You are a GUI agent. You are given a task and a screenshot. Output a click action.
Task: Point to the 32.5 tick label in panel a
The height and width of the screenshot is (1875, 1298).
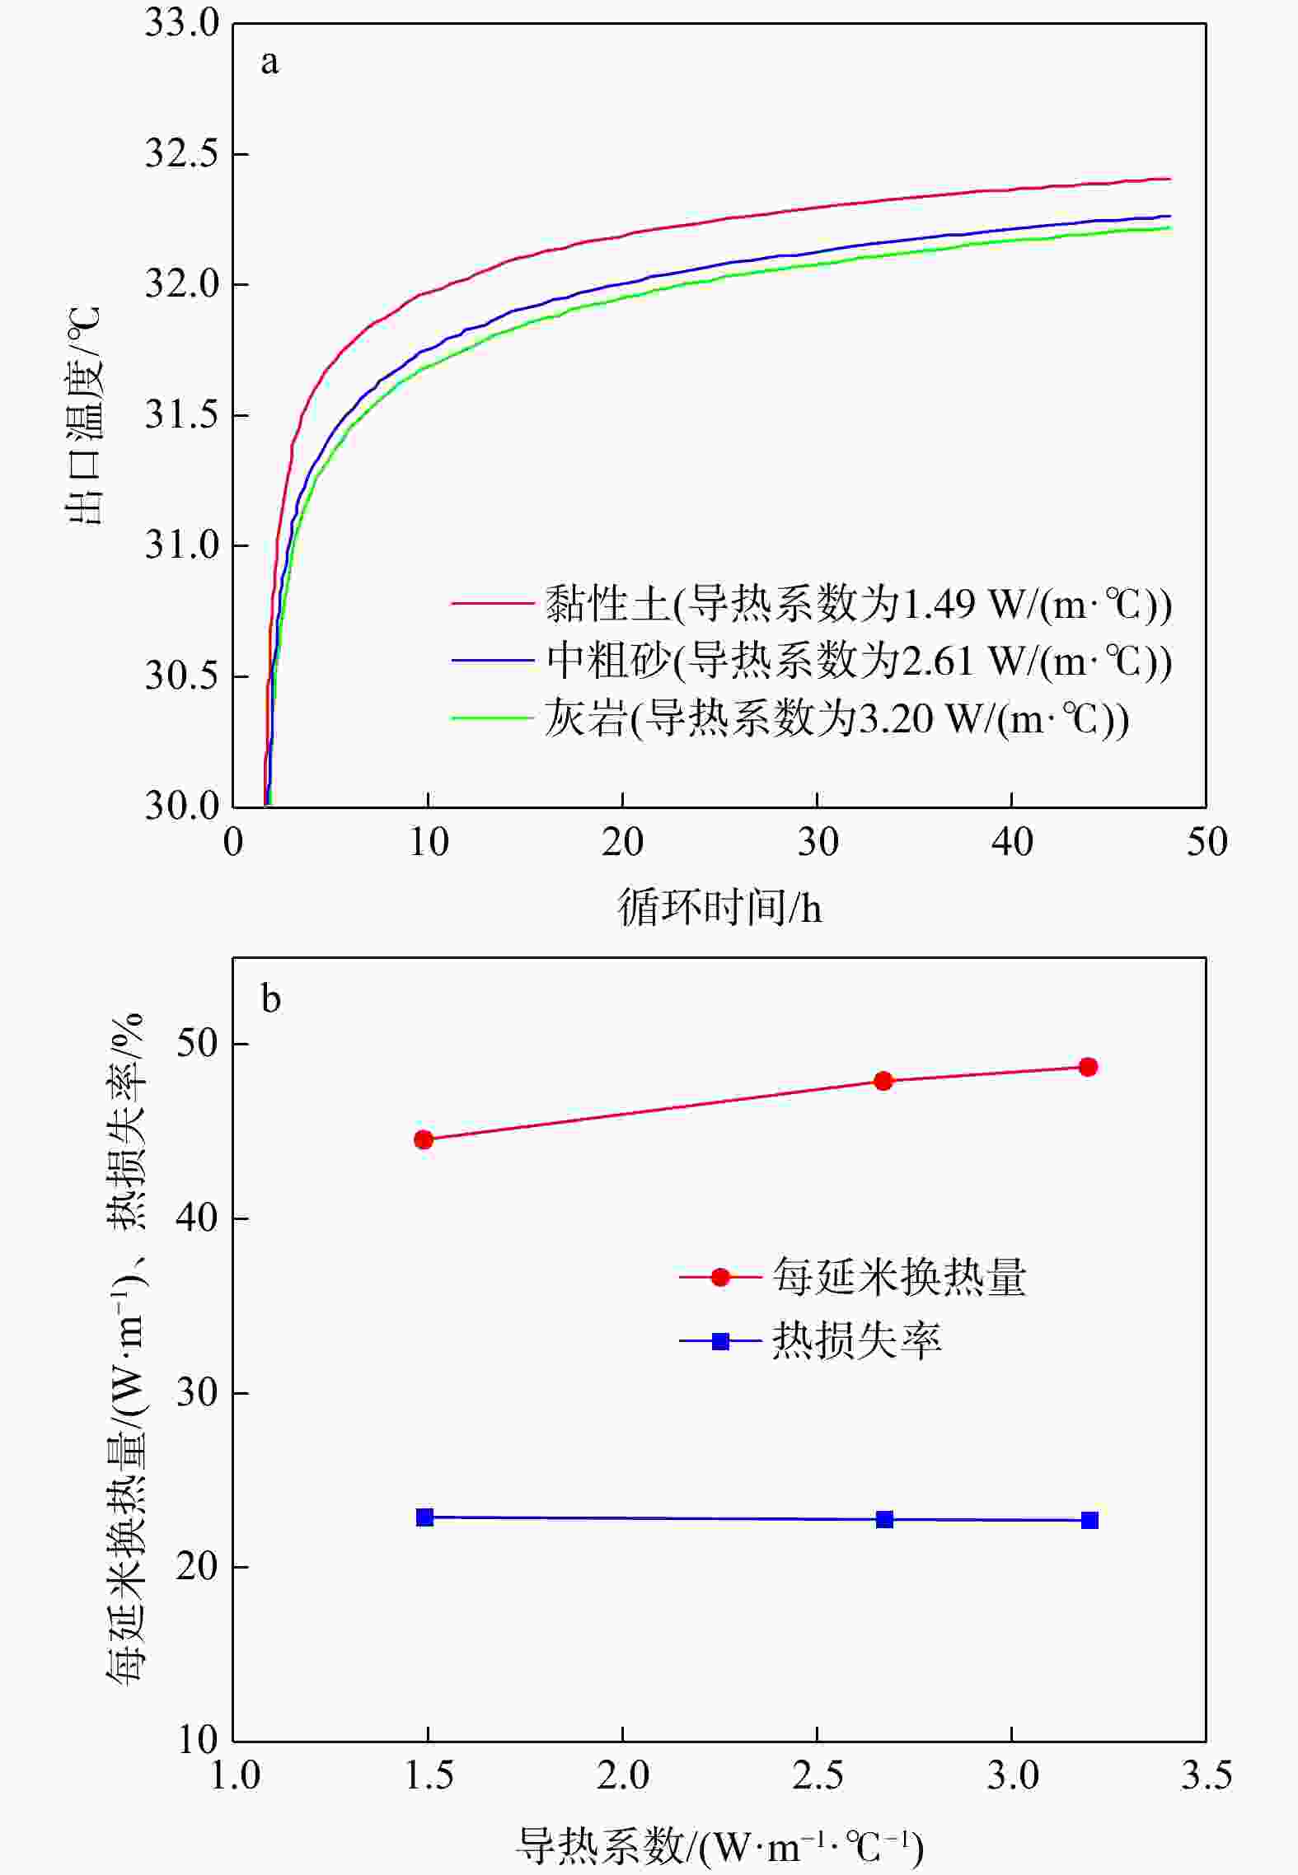pyautogui.click(x=182, y=154)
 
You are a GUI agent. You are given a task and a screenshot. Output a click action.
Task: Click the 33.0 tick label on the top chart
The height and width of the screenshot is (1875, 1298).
pyautogui.click(x=182, y=23)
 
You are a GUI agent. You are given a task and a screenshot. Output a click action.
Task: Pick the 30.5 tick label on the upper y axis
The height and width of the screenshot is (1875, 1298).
pyautogui.click(x=182, y=676)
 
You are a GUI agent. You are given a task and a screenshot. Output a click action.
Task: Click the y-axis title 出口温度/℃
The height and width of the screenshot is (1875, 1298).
pyautogui.click(x=84, y=415)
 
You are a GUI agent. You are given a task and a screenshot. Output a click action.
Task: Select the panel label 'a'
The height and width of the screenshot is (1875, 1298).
pyautogui.click(x=269, y=63)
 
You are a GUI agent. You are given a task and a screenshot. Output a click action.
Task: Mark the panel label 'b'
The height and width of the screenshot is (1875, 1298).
pyautogui.click(x=270, y=998)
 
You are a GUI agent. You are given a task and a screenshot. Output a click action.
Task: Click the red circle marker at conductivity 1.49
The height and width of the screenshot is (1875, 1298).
pyautogui.click(x=424, y=1139)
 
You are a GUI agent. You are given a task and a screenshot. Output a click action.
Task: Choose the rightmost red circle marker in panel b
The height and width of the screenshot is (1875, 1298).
pyautogui.click(x=1088, y=1067)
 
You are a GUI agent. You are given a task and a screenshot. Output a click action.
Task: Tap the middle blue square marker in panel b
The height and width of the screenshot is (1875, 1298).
pyautogui.click(x=884, y=1519)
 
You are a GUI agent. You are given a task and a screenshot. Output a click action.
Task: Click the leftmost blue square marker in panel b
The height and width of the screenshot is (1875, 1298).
pyautogui.click(x=424, y=1517)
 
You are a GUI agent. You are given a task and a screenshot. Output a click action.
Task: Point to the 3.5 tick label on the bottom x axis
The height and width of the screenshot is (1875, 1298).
pyautogui.click(x=1207, y=1776)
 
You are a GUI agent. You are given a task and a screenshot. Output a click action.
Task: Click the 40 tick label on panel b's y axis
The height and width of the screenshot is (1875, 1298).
pyautogui.click(x=197, y=1218)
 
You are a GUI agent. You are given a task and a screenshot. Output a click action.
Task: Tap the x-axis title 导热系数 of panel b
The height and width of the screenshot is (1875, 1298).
pyautogui.click(x=719, y=1846)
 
